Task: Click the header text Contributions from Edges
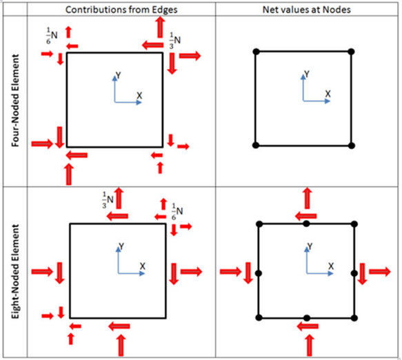coord(121,10)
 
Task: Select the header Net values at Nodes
coord(307,10)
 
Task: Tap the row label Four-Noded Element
coord(15,100)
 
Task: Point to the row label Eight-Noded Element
coord(15,272)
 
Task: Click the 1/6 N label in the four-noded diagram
coord(52,36)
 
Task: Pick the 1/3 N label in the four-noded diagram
coord(175,41)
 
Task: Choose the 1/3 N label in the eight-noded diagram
coord(108,200)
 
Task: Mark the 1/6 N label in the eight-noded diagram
coord(177,212)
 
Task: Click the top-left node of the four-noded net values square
coord(256,52)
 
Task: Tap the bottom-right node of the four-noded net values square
coord(352,146)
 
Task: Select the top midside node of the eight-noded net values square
coord(306,224)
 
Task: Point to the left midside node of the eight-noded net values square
coord(259,273)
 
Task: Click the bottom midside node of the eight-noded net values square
coord(307,318)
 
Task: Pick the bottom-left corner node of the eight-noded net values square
coord(259,318)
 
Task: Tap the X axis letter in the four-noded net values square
coord(328,94)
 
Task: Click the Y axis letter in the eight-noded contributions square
coord(121,247)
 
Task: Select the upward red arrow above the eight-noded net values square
coord(307,198)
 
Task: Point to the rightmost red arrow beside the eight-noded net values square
coord(380,272)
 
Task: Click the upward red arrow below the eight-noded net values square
coord(310,345)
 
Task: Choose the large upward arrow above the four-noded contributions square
coord(160,27)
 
